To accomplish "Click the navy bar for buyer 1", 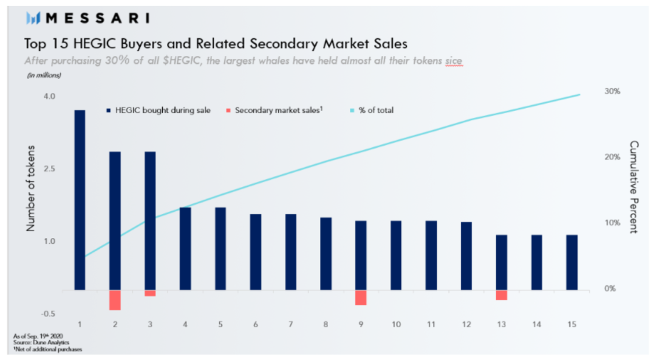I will pyautogui.click(x=80, y=200).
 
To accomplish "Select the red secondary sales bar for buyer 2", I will pyautogui.click(x=115, y=300).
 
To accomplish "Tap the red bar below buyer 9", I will pyautogui.click(x=361, y=297).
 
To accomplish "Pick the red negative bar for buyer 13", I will pyautogui.click(x=501, y=295).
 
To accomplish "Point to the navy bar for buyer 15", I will pyautogui.click(x=572, y=262).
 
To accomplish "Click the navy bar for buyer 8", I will pyautogui.click(x=326, y=254).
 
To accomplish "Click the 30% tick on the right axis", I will pyautogui.click(x=612, y=91).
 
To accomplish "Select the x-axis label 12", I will pyautogui.click(x=466, y=325).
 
